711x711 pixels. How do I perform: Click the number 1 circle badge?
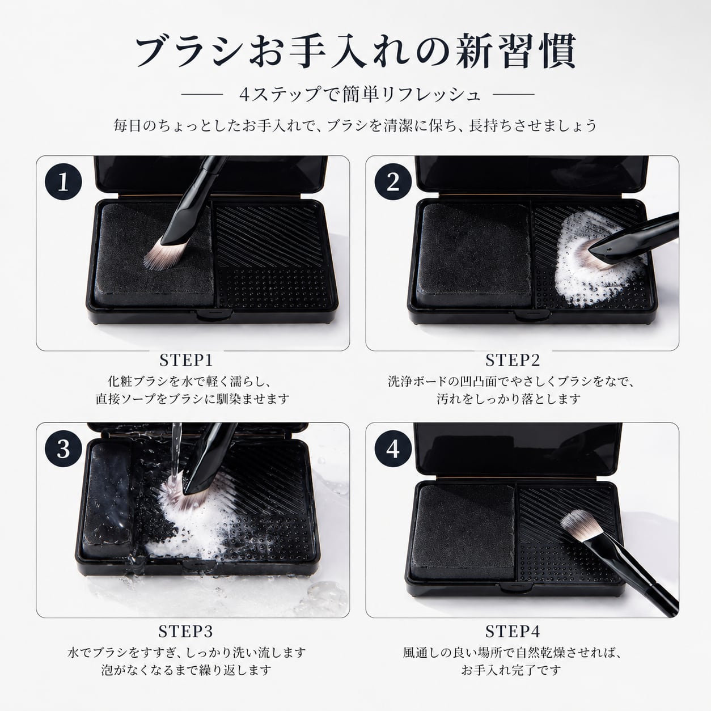click(63, 181)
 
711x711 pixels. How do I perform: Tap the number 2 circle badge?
click(393, 181)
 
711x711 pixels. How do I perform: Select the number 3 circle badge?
click(63, 448)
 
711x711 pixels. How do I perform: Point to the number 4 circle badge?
click(393, 448)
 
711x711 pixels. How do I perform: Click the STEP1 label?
click(187, 361)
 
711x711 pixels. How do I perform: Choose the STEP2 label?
click(513, 361)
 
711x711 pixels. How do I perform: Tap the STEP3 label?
click(185, 631)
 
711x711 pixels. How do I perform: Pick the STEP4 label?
click(513, 631)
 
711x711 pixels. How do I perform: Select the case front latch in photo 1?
click(214, 314)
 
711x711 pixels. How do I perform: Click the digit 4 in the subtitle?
click(244, 95)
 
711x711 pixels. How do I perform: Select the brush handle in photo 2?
click(634, 238)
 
